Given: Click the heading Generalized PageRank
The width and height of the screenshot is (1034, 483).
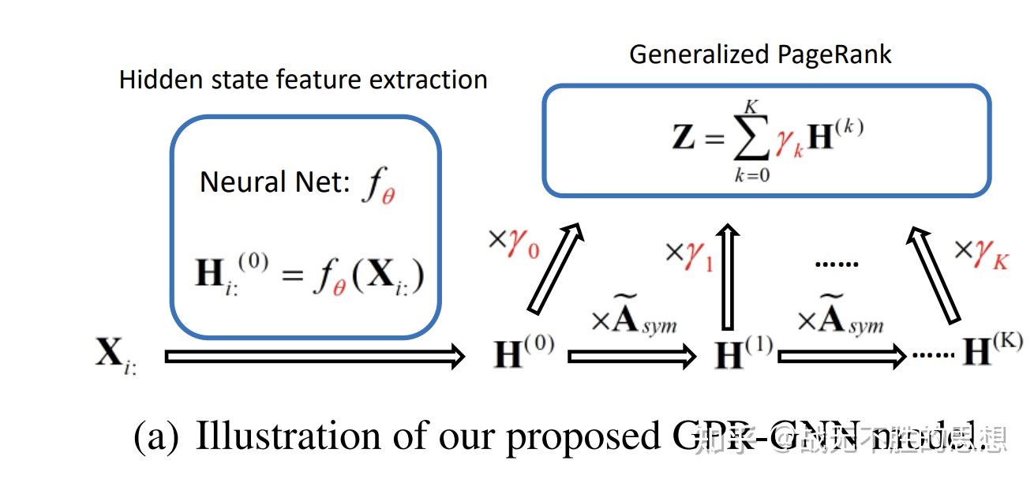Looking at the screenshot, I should click(760, 54).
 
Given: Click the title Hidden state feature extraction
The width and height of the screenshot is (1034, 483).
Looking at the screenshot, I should click(303, 80).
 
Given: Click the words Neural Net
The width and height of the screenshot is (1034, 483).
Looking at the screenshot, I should click(274, 182).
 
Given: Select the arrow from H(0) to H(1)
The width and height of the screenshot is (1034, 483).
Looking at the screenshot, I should click(631, 357).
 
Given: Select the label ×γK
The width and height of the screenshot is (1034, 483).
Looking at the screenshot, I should click(981, 252).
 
